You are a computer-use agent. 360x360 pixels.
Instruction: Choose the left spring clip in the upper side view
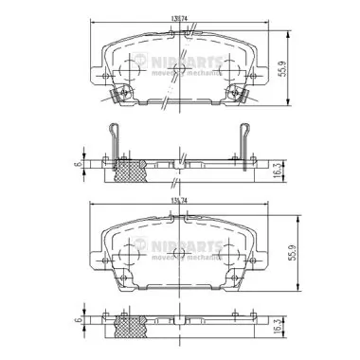tap(115, 142)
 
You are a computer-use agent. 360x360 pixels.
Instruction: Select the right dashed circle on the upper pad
tap(224, 69)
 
